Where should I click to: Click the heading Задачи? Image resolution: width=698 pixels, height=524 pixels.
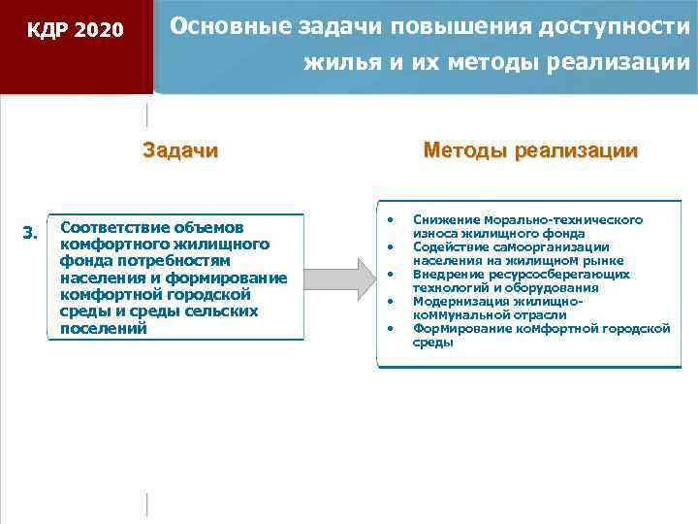(x=180, y=150)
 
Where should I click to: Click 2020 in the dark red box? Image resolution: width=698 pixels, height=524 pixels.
(x=99, y=30)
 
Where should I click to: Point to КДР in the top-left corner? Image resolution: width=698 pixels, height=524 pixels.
(x=48, y=30)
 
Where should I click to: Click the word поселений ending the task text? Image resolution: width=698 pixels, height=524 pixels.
(x=103, y=328)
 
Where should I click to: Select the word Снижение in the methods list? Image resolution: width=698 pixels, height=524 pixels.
(x=443, y=220)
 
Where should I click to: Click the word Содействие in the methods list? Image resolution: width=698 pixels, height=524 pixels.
(x=449, y=247)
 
